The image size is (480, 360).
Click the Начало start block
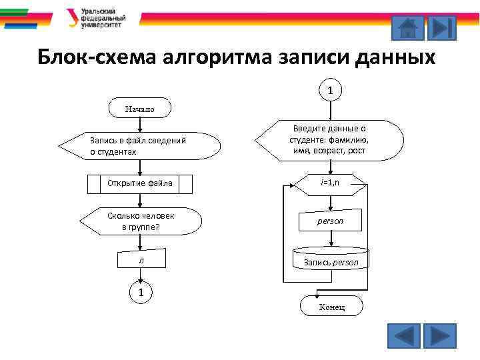tap(139, 108)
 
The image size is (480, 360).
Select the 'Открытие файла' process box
tap(139, 183)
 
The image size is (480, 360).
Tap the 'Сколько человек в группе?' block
tap(140, 221)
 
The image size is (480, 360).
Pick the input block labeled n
tap(141, 259)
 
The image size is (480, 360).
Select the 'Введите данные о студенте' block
tap(329, 140)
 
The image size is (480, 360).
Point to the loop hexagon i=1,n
tap(329, 183)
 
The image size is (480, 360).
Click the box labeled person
tap(329, 221)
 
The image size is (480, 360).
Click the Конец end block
tap(331, 306)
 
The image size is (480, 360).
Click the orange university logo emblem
tap(71, 18)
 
